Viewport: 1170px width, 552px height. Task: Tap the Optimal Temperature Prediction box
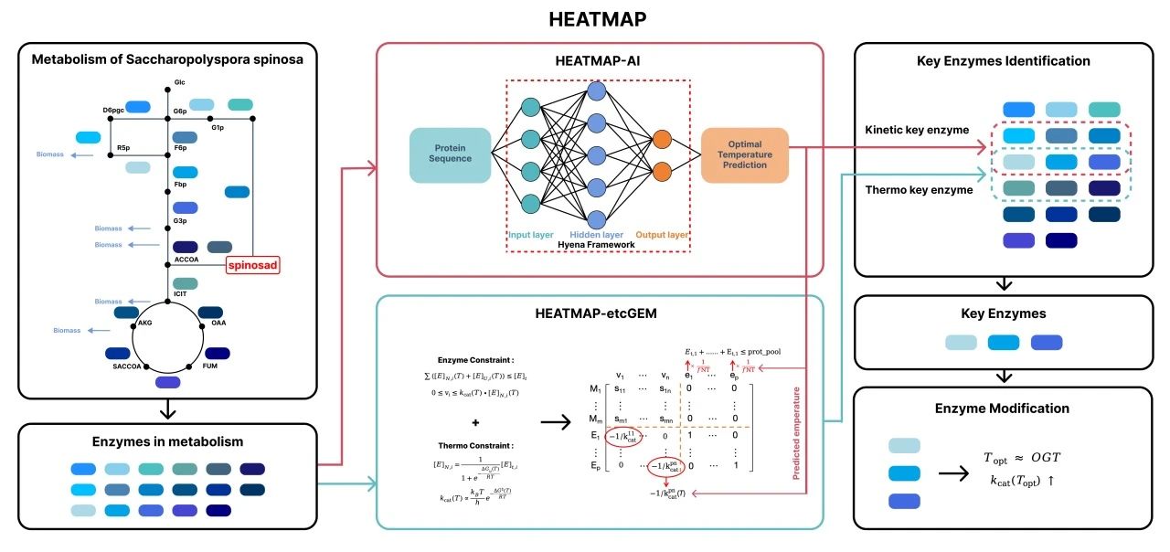[745, 154]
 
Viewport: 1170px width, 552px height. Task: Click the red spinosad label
[252, 266]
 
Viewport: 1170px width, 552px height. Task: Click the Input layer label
[531, 235]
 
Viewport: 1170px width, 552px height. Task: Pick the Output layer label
[661, 235]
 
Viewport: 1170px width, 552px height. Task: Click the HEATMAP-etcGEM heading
[600, 313]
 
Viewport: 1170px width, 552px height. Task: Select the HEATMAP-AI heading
[600, 60]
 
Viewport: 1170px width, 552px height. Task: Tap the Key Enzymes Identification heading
[1003, 61]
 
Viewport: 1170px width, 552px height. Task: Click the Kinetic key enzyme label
[917, 130]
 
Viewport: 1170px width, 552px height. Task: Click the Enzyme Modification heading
[1003, 408]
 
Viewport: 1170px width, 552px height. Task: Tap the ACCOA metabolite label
[186, 260]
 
